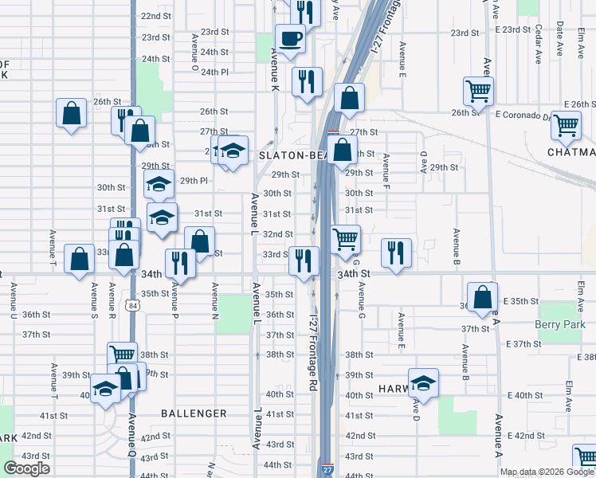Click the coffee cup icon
(x=290, y=37)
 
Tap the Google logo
(x=26, y=468)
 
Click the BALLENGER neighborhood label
(x=194, y=413)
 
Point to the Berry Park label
(x=560, y=324)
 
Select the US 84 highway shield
(x=129, y=305)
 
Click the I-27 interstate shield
(x=328, y=471)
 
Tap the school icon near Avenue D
(x=423, y=382)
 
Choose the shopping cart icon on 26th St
(x=478, y=91)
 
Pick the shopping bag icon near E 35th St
(x=482, y=297)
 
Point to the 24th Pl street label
(x=215, y=72)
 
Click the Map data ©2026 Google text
(x=546, y=472)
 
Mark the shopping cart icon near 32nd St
(x=345, y=238)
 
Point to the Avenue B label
(x=457, y=246)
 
